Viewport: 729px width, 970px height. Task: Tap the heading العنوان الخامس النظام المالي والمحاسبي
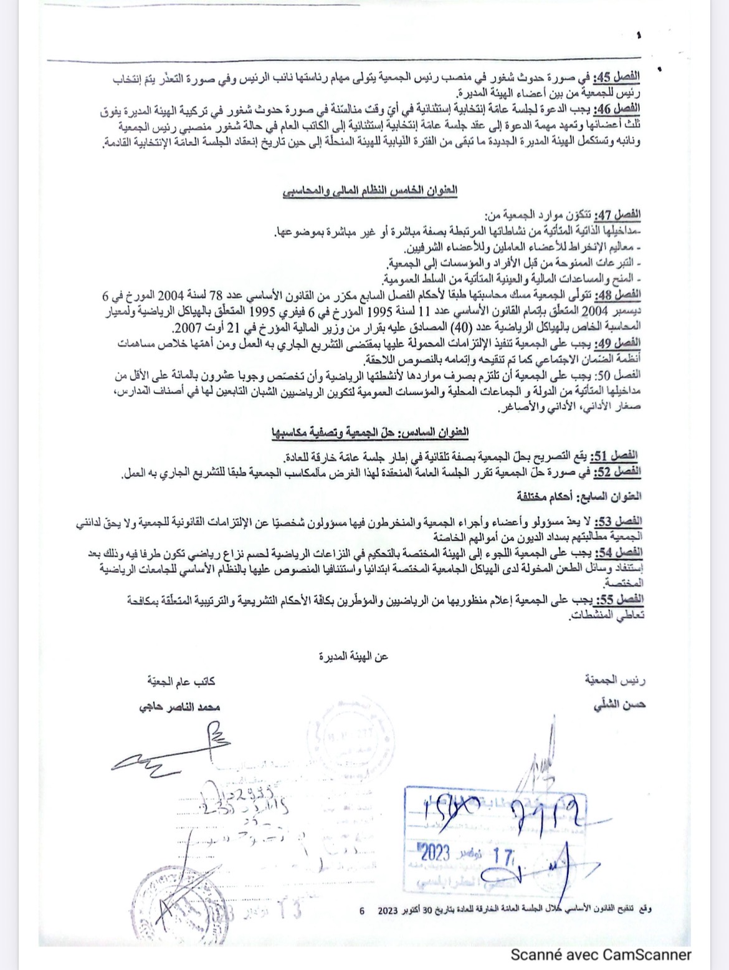[369, 191]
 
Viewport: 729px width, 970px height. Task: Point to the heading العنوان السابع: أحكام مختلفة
[578, 497]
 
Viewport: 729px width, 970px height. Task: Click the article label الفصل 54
[619, 552]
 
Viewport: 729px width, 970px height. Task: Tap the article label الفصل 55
[619, 600]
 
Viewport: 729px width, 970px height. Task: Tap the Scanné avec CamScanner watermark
[601, 954]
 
